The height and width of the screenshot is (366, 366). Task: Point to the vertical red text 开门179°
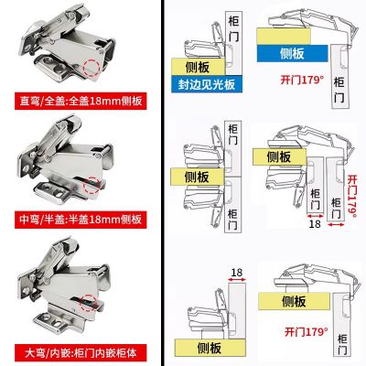click(351, 188)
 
